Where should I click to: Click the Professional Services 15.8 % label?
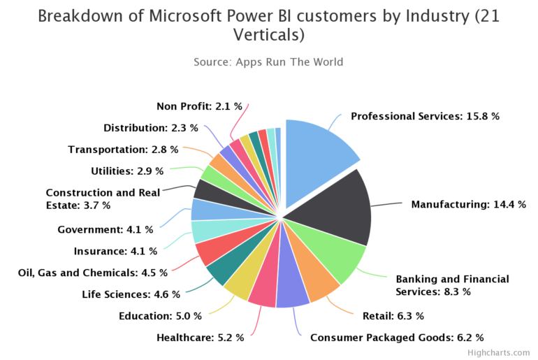click(x=425, y=117)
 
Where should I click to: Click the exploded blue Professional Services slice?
click(x=318, y=150)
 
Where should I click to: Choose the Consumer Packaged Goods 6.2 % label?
click(x=396, y=338)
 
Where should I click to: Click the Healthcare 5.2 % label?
click(x=201, y=338)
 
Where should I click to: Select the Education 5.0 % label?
click(x=160, y=316)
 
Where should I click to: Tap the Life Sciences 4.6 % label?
click(x=131, y=294)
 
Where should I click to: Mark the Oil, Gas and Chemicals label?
click(x=93, y=273)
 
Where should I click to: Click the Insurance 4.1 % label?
click(x=115, y=251)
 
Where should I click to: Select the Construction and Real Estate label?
click(x=103, y=199)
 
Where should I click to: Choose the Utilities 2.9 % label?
click(x=127, y=171)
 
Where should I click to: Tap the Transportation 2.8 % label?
click(x=123, y=150)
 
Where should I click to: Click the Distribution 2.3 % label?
click(x=150, y=128)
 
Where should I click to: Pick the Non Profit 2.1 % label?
click(x=199, y=106)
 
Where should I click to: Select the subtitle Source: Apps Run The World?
click(x=268, y=62)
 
